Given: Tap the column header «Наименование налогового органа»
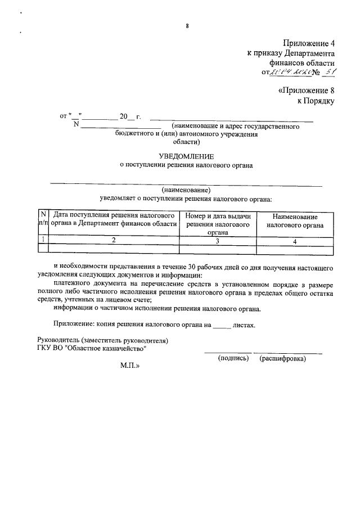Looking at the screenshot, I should tap(295, 221).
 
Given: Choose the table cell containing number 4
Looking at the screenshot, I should tap(295, 240).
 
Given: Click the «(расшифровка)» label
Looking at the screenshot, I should tap(282, 358).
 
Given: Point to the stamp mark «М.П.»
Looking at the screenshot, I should tap(129, 365).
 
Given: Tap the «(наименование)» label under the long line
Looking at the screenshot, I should tap(186, 190).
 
